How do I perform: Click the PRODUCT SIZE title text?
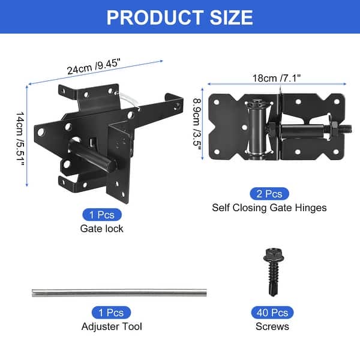179,17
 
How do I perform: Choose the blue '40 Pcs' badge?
271,312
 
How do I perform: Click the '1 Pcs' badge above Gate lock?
101,214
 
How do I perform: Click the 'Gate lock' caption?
101,228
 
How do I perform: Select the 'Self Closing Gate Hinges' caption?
269,208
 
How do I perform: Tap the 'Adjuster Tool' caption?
112,326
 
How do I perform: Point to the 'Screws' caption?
271,326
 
